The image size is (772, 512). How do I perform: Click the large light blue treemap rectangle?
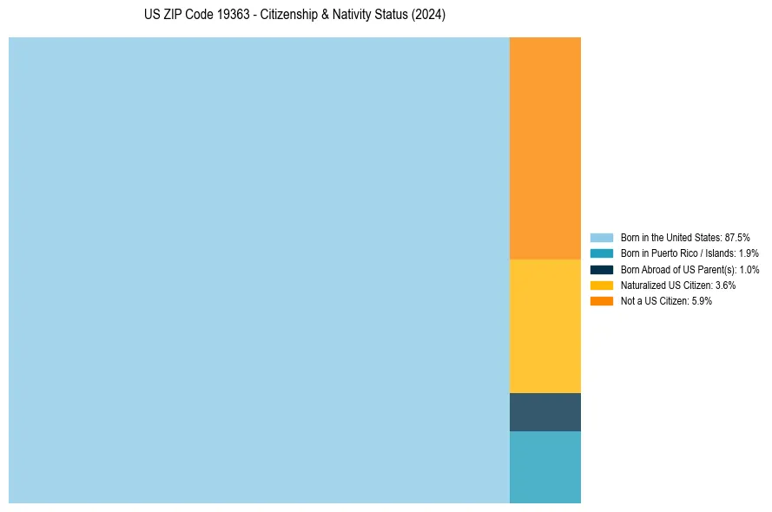click(x=259, y=270)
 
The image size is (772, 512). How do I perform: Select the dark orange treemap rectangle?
click(x=544, y=148)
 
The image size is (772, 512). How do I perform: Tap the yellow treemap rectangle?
click(x=544, y=325)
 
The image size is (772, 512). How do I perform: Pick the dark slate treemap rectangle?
click(x=544, y=412)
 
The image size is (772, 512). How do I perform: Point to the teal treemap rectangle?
click(x=544, y=467)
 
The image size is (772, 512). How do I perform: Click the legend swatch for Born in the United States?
click(x=602, y=237)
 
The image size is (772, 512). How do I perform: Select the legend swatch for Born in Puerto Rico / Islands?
click(x=602, y=253)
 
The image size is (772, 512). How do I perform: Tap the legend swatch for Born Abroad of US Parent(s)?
click(x=602, y=269)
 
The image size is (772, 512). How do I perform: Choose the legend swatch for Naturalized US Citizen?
click(x=602, y=285)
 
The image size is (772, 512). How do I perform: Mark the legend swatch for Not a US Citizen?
click(x=602, y=301)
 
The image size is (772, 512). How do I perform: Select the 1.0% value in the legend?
click(x=749, y=269)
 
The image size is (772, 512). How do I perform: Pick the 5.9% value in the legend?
click(x=701, y=301)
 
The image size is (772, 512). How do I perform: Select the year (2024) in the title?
click(x=428, y=16)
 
